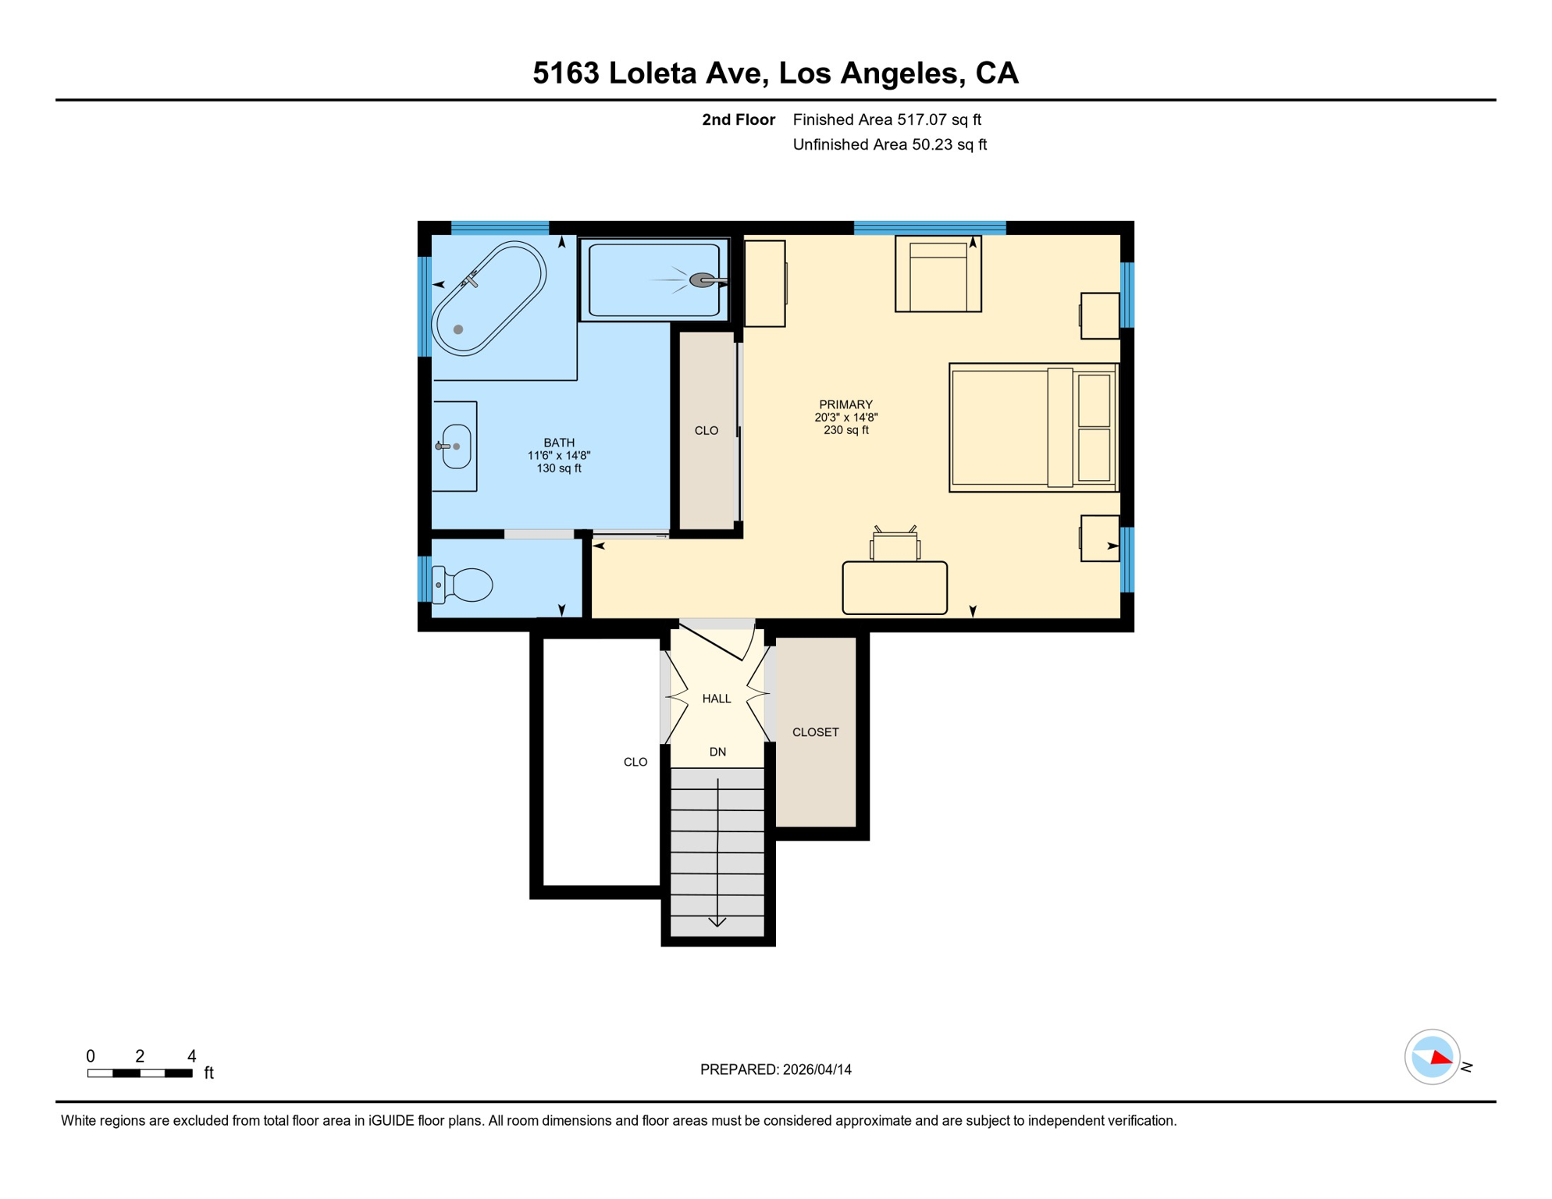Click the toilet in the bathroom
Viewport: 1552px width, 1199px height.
pos(463,585)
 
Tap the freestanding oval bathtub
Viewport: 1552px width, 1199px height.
pos(489,299)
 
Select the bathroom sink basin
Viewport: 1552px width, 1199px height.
pos(457,447)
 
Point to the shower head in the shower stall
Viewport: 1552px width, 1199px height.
pos(702,280)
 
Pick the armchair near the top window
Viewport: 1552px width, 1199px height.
pos(938,274)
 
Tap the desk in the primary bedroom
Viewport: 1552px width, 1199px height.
pos(895,588)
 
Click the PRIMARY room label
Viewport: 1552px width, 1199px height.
pos(845,405)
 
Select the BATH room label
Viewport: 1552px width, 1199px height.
pos(559,443)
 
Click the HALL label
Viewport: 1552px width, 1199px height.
pos(717,699)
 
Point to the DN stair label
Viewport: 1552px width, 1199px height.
pos(717,752)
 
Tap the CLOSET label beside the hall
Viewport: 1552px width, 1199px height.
pos(816,732)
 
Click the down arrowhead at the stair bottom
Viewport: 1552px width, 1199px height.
pos(717,922)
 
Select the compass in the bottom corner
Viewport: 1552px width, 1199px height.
pos(1433,1058)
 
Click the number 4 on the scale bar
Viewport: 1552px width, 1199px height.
pos(192,1056)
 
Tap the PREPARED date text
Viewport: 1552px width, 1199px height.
pos(776,1070)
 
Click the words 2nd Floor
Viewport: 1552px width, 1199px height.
pos(739,119)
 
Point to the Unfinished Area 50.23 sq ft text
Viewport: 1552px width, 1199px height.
pos(890,144)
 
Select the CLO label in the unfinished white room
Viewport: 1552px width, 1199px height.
pos(635,763)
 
